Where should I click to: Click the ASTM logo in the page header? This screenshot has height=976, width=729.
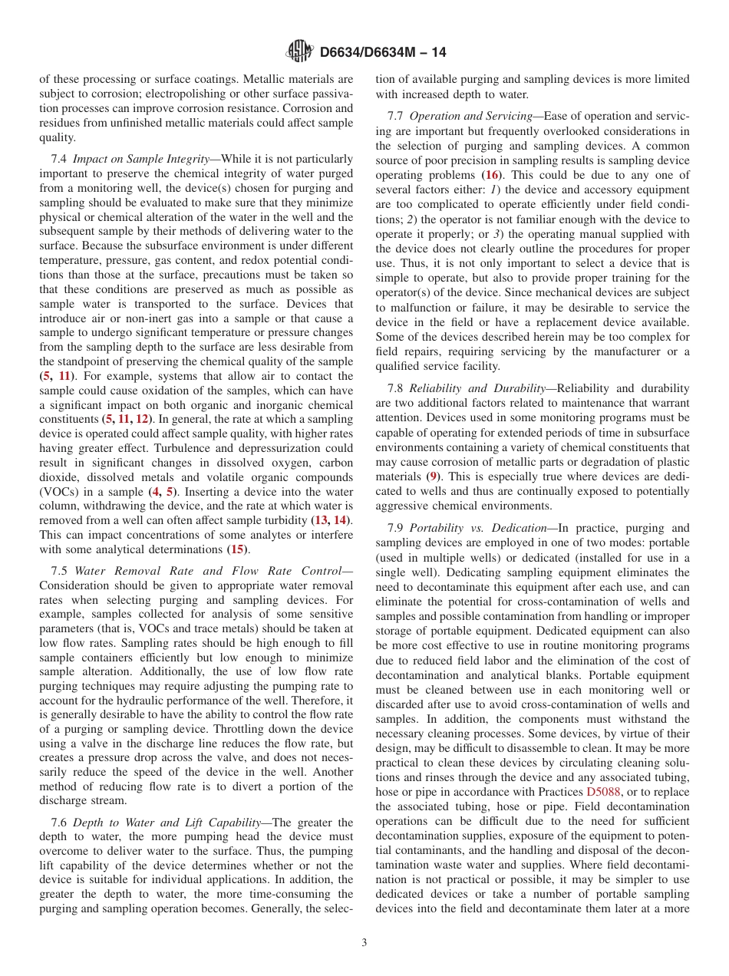299,52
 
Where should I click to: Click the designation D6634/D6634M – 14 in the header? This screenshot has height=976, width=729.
382,53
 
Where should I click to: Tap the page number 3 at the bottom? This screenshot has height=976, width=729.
364,942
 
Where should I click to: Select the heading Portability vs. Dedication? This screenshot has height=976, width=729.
480,528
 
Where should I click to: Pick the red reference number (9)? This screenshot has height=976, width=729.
434,476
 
